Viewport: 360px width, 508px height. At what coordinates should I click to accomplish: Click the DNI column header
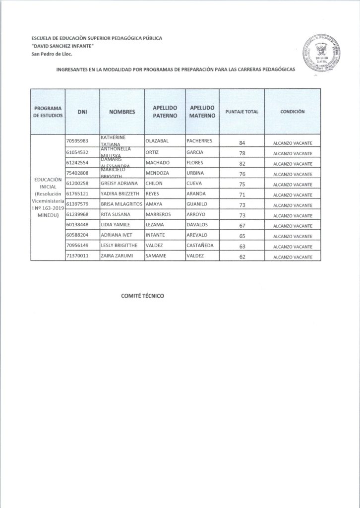(x=82, y=112)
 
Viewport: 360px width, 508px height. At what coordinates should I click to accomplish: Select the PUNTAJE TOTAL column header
(x=242, y=112)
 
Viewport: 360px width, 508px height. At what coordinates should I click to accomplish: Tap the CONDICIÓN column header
(x=292, y=112)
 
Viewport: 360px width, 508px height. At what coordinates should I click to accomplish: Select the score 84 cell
(x=242, y=143)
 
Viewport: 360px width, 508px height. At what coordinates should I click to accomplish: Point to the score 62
(x=242, y=257)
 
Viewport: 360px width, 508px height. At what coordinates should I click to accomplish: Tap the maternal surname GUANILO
(x=197, y=204)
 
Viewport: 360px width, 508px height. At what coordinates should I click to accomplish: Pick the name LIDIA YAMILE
(x=115, y=225)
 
